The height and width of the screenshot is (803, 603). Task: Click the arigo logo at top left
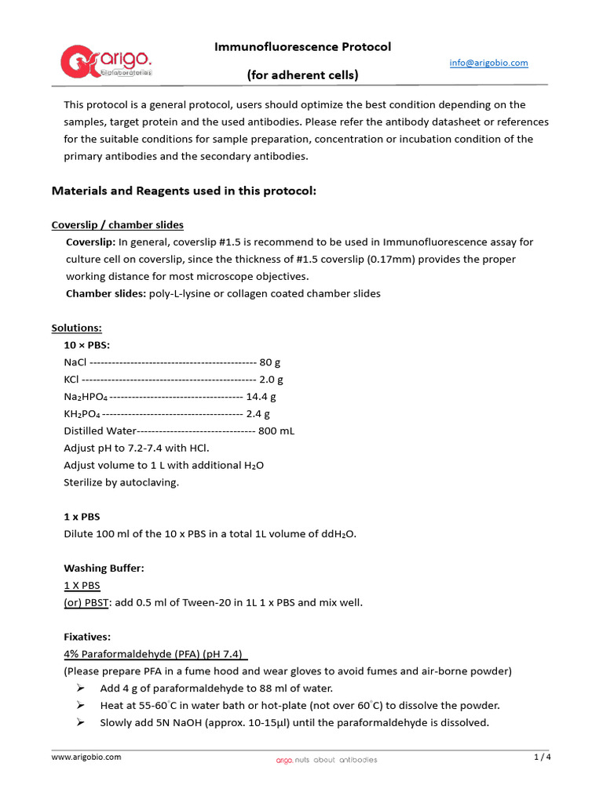[107, 62]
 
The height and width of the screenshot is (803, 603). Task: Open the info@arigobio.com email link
[488, 63]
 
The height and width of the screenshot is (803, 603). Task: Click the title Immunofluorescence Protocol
[302, 47]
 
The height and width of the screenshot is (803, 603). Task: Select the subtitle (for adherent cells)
[302, 75]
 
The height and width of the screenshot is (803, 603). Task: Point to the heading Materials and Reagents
[184, 191]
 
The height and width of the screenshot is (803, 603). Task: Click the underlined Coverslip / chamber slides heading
[118, 225]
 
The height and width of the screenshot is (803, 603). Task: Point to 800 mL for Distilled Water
[276, 431]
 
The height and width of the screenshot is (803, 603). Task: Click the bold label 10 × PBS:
[86, 345]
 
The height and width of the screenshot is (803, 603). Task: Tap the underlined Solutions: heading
[77, 328]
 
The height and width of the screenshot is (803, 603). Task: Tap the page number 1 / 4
[543, 758]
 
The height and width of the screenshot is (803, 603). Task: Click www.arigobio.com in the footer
[86, 758]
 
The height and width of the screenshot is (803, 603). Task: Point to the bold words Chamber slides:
[106, 294]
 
